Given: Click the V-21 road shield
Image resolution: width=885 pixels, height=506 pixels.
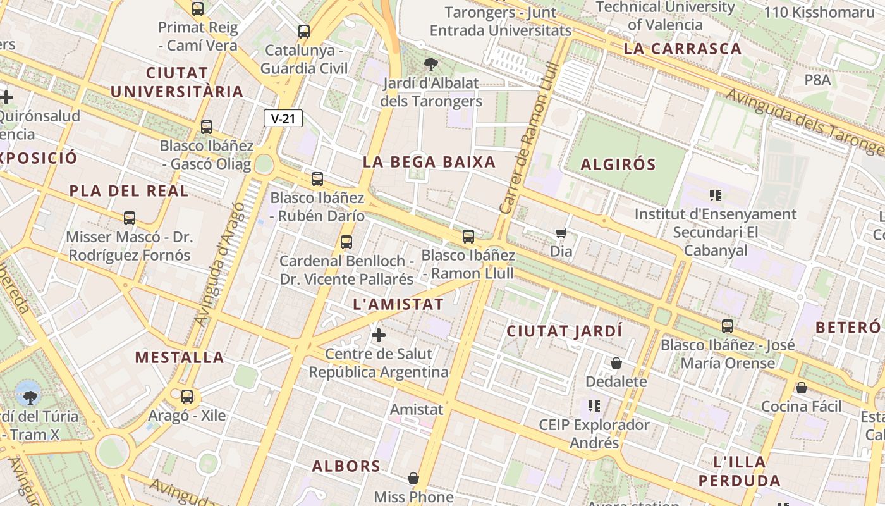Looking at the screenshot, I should pyautogui.click(x=283, y=118).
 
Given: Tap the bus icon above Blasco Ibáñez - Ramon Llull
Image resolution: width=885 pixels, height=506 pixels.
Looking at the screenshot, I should pyautogui.click(x=468, y=237).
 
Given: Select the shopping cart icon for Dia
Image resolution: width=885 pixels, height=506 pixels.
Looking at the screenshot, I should pyautogui.click(x=561, y=233).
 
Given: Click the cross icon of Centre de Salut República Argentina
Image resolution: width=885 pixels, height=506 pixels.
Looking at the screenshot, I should pyautogui.click(x=379, y=335).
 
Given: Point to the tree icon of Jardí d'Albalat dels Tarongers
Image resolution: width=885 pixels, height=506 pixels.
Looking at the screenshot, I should pyautogui.click(x=431, y=64).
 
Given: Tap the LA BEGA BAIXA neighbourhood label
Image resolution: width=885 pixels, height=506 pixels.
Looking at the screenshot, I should pyautogui.click(x=429, y=162).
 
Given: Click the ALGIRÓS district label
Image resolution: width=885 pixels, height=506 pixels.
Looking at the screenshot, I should pyautogui.click(x=618, y=164).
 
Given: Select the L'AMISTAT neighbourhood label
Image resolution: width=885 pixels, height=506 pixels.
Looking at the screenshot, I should pyautogui.click(x=398, y=304).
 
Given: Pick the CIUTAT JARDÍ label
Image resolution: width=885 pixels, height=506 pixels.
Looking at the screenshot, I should pyautogui.click(x=565, y=331).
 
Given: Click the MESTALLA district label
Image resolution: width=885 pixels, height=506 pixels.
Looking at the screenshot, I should pyautogui.click(x=180, y=357).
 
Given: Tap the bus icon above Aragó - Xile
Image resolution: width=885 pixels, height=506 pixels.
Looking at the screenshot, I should pyautogui.click(x=187, y=397).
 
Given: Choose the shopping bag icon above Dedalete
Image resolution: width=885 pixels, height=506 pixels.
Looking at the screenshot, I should pyautogui.click(x=616, y=363).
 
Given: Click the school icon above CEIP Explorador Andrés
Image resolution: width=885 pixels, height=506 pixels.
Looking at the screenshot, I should pyautogui.click(x=594, y=405).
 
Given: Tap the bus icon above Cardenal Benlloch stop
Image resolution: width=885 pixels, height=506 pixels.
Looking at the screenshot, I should pyautogui.click(x=346, y=242).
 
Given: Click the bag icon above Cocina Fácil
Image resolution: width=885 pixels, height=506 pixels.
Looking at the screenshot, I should pyautogui.click(x=802, y=387).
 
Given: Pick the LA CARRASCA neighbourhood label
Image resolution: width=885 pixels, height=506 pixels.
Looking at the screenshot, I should pyautogui.click(x=682, y=49).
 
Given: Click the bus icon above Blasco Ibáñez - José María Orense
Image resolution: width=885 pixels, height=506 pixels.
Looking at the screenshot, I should pyautogui.click(x=728, y=326).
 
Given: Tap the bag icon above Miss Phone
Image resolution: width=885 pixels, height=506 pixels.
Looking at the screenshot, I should pyautogui.click(x=413, y=478).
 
